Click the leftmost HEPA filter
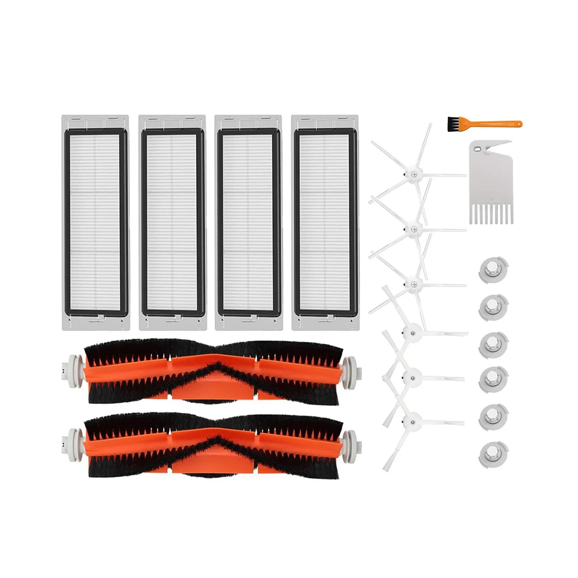click(x=95, y=222)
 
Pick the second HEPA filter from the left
click(x=171, y=222)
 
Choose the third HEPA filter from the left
click(x=248, y=222)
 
